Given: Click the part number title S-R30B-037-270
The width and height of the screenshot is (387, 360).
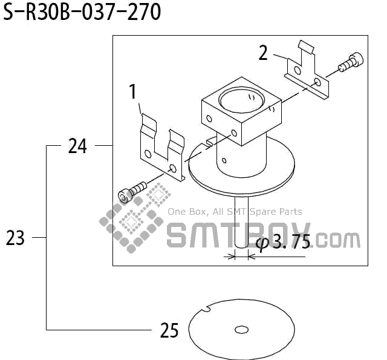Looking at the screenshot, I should click(82, 13).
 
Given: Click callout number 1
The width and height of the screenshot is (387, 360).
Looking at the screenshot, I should click(133, 93).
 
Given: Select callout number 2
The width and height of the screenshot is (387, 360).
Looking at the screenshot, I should click(263, 53).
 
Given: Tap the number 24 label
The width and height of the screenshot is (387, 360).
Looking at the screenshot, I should click(77, 146).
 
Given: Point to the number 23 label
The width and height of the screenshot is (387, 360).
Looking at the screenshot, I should click(15, 238).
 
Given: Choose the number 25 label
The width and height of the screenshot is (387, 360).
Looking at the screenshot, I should click(170, 331).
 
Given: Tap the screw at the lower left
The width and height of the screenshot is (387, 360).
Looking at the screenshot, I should click(130, 193).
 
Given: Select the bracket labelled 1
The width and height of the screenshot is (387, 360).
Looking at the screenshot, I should click(160, 148).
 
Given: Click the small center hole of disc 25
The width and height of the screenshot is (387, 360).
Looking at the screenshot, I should click(241, 330).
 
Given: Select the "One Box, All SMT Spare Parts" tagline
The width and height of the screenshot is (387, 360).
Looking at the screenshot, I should click(235, 212).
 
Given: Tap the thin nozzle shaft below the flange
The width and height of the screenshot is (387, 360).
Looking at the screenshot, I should click(241, 224).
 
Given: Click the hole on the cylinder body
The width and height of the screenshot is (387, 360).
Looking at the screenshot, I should click(224, 161).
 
